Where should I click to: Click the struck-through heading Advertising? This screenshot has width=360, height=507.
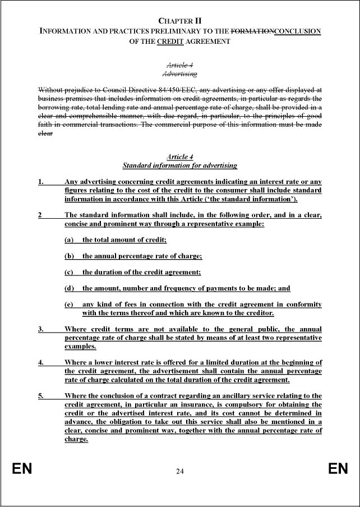179,73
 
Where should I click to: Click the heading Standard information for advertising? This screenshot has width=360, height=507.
179,165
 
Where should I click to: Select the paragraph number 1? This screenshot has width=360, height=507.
40,182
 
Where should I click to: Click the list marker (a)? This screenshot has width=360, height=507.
70,239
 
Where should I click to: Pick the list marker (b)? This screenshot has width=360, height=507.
70,256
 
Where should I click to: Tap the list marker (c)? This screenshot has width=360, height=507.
70,272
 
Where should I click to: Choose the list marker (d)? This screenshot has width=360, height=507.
70,288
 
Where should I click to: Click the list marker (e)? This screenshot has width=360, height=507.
70,305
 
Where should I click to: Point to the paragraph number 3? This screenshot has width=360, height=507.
40,329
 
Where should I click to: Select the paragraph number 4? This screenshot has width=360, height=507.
40,362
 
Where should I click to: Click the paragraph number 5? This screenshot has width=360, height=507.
40,396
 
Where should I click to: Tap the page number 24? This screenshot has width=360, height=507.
179,471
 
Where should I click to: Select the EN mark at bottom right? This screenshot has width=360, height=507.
338,469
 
